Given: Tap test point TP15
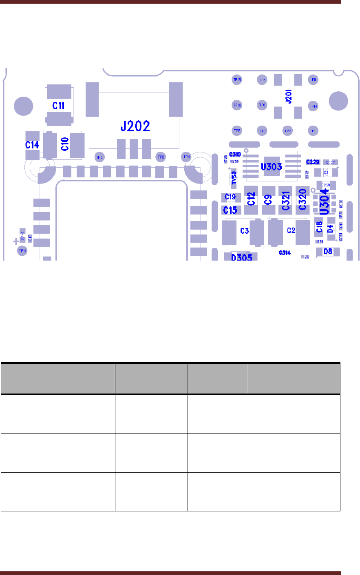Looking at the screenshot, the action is coord(237,80).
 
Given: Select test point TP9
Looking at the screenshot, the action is coord(313,80).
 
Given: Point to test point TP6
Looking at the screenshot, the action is coord(262,105).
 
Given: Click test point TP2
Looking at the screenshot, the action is coord(288,131).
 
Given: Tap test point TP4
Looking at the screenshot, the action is coord(186,157).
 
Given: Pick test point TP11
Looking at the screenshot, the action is coord(22,251).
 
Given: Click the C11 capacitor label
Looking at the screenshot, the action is coord(59,106).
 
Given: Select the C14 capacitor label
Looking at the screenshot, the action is coord(32,145).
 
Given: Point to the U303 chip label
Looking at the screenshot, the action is coord(271,167).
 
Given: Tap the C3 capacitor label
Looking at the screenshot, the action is coord(244,231).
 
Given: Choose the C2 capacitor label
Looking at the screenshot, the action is coord(291,231).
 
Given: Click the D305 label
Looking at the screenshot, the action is coord(242,257).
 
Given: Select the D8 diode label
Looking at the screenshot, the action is coord(328,252).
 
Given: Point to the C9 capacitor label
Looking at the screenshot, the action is coord(268,200).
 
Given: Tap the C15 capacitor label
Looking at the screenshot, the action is coord(230,210).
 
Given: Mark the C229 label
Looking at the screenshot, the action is coord(313,162).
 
